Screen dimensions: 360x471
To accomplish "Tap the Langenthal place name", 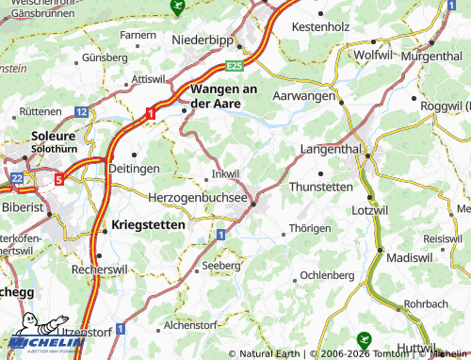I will (330, 150).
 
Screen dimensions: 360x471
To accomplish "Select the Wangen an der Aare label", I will (224, 95).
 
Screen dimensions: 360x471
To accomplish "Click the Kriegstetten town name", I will (148, 226).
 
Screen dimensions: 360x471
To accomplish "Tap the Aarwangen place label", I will (303, 96).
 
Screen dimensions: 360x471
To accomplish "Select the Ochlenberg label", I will (326, 276).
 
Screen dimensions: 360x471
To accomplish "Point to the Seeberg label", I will (222, 267).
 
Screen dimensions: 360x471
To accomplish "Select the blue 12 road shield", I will (81, 111).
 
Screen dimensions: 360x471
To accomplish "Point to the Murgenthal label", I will (431, 57).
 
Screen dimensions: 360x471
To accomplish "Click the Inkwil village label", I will (226, 173).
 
